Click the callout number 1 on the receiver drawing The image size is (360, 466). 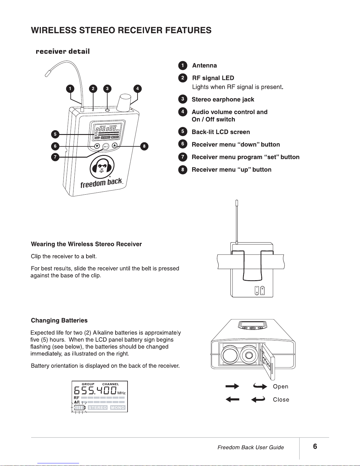click(x=70, y=88)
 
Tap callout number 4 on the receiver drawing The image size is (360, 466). click(x=137, y=88)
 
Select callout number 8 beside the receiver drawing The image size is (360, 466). click(x=144, y=146)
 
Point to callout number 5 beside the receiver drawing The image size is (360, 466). click(x=55, y=134)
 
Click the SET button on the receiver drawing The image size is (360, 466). click(x=106, y=146)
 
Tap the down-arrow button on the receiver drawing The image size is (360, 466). click(x=97, y=146)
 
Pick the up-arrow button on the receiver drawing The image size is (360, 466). click(x=115, y=145)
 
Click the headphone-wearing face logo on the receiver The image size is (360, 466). click(x=102, y=167)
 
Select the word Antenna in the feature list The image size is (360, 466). click(x=205, y=66)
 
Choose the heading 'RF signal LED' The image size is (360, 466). click(x=213, y=78)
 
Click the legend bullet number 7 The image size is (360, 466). click(x=183, y=157)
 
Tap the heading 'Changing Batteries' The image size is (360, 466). click(x=59, y=320)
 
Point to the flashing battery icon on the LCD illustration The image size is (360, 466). click(x=80, y=407)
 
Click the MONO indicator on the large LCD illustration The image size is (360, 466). click(x=118, y=407)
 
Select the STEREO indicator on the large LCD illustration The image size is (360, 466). click(x=98, y=407)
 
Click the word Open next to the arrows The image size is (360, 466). click(x=281, y=387)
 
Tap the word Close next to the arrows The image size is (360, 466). click(x=281, y=400)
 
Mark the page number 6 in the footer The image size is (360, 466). click(x=315, y=447)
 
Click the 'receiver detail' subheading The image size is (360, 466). click(x=63, y=51)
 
